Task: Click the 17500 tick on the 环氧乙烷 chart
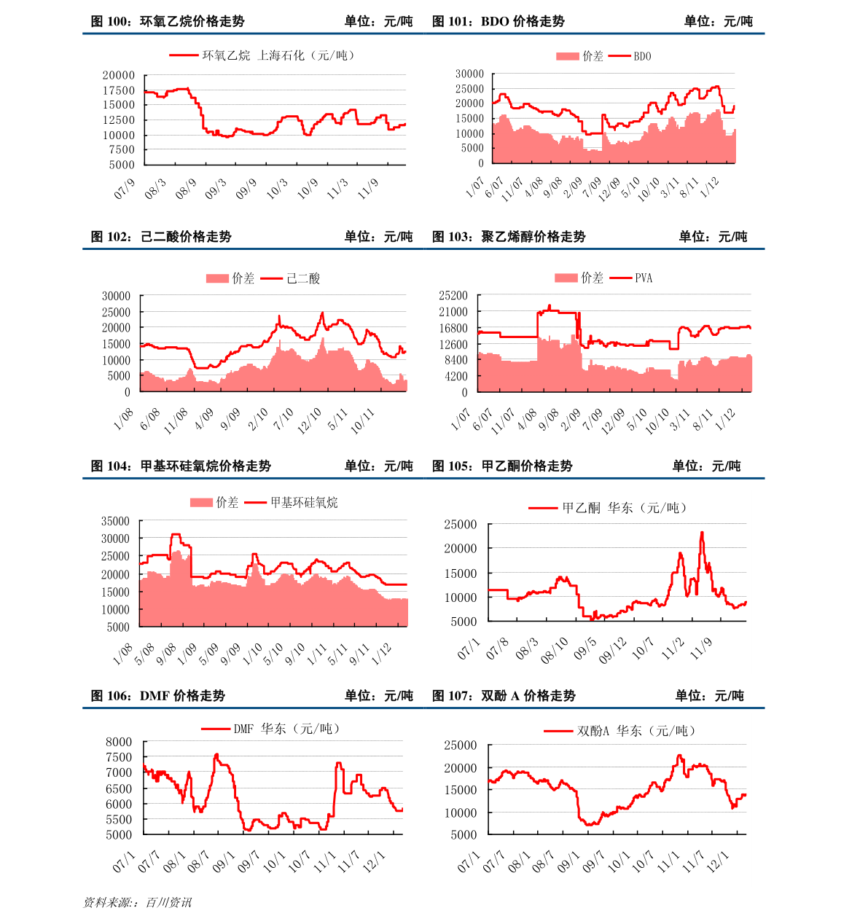(x=118, y=90)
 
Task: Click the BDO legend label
(x=642, y=56)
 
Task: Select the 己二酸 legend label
(x=303, y=278)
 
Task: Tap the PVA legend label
(x=644, y=278)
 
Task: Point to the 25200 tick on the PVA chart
(x=453, y=295)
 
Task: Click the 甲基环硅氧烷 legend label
(x=304, y=502)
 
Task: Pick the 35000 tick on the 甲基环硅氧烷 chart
(x=115, y=521)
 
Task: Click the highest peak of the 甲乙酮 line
(x=702, y=532)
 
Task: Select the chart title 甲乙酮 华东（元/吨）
(x=625, y=508)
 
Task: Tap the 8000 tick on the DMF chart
(x=119, y=742)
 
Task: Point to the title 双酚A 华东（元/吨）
(x=636, y=730)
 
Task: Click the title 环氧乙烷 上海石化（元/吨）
(x=279, y=55)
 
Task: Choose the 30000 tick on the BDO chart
(x=469, y=74)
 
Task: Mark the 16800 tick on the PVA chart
(x=453, y=328)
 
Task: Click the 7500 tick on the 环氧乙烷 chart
(x=122, y=149)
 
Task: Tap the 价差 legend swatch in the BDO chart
(x=567, y=56)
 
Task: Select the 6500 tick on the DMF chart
(x=119, y=788)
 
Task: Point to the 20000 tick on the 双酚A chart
(x=461, y=768)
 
